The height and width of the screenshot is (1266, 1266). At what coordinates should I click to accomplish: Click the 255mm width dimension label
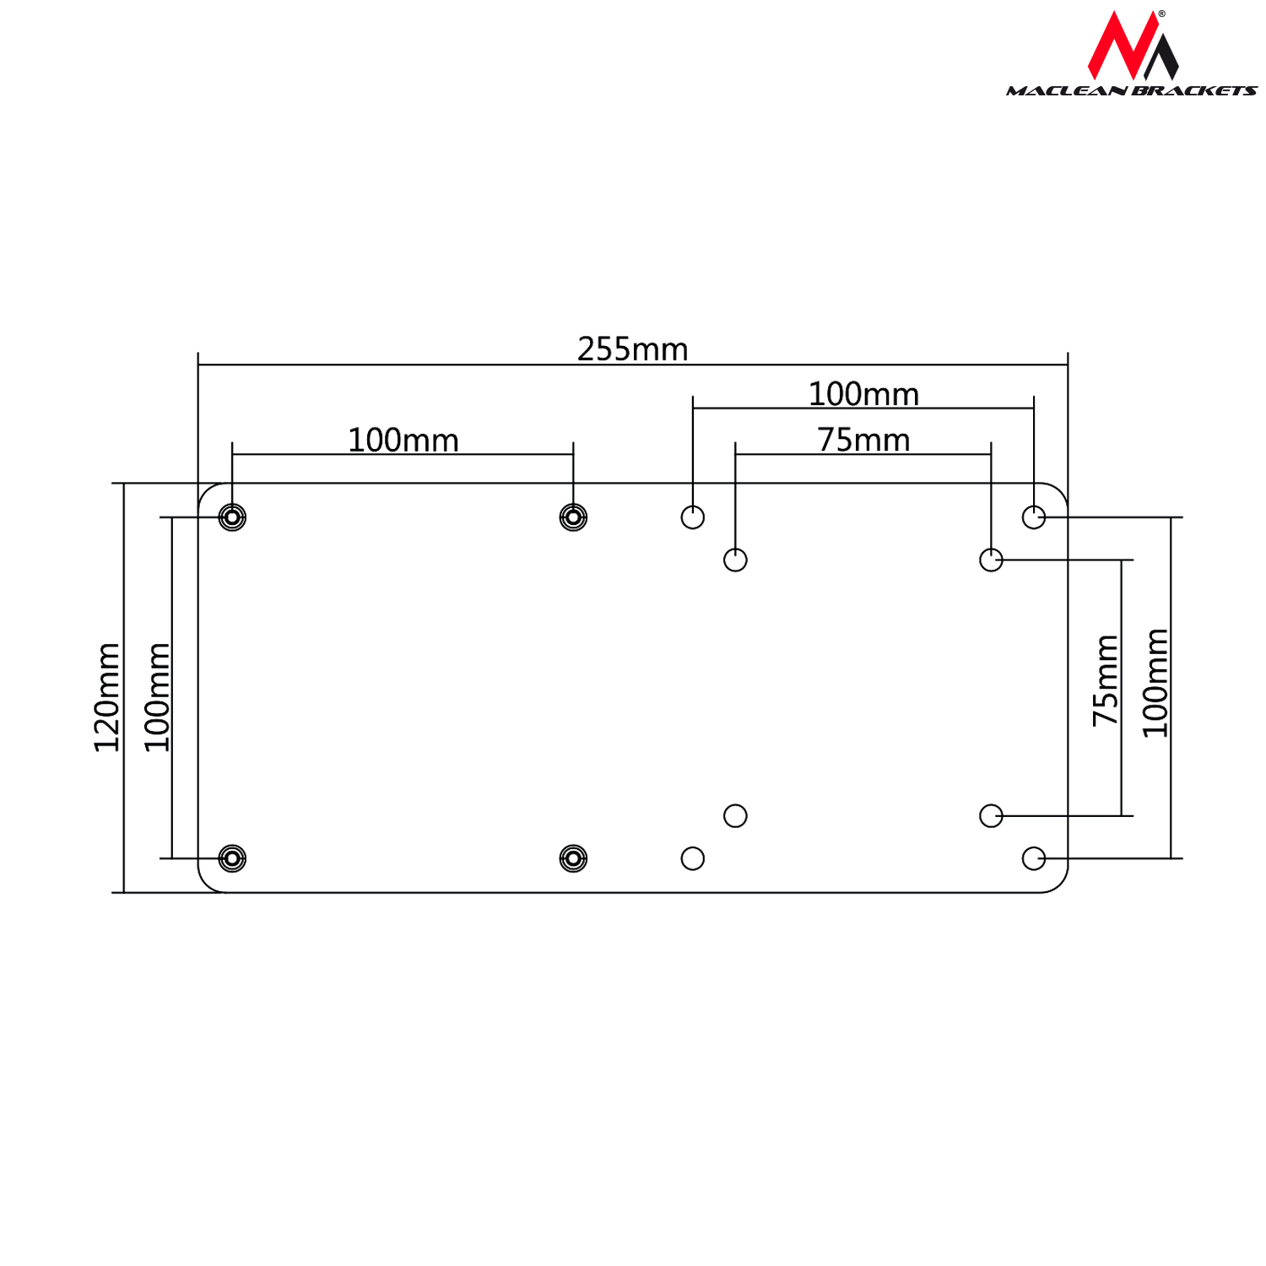coord(633,349)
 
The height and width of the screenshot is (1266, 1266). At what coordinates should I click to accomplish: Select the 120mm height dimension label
coord(107,697)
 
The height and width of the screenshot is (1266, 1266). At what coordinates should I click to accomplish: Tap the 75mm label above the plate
coord(863,440)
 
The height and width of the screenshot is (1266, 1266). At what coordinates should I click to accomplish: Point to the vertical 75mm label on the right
coord(1106,680)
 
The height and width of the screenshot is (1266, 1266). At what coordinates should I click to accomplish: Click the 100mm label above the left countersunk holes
coord(403,440)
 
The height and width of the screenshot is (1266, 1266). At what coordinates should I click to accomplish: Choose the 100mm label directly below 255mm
coord(863,394)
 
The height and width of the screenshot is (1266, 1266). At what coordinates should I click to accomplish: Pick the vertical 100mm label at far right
coord(1155,683)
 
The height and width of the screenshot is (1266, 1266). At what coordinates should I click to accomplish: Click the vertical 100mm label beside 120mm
coord(157,697)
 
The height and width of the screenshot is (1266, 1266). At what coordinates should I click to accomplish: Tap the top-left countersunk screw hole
coord(232,517)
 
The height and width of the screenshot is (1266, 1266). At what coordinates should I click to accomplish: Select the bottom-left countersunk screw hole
coord(232,858)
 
